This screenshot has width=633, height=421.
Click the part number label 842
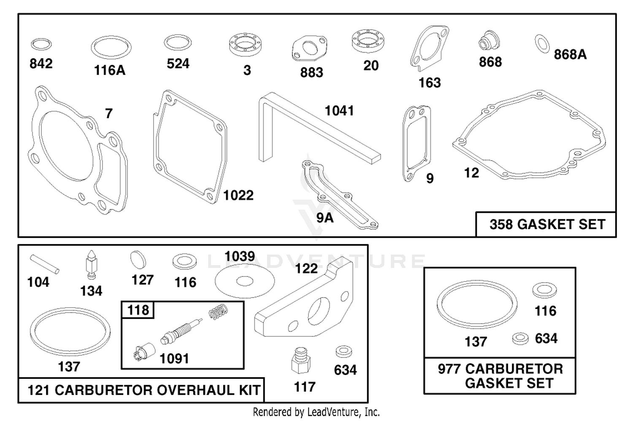(x=41, y=64)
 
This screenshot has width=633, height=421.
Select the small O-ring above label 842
(x=41, y=39)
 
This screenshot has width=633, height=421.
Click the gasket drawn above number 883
(x=309, y=48)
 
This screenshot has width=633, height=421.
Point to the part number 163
(x=430, y=83)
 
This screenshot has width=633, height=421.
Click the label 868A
(x=570, y=54)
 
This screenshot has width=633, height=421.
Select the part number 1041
(x=339, y=110)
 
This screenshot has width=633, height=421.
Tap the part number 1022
(x=238, y=195)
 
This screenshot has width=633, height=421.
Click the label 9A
(x=325, y=218)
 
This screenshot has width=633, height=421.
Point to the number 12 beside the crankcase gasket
(x=471, y=173)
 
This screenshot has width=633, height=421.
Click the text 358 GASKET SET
(x=547, y=225)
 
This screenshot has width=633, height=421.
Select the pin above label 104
(x=45, y=264)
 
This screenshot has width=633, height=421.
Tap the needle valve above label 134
(x=91, y=265)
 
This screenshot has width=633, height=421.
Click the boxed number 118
(x=138, y=310)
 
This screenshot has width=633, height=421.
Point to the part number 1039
(x=240, y=256)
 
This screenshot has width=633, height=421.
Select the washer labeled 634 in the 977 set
(x=520, y=338)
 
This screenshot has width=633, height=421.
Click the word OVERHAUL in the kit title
(x=195, y=390)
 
